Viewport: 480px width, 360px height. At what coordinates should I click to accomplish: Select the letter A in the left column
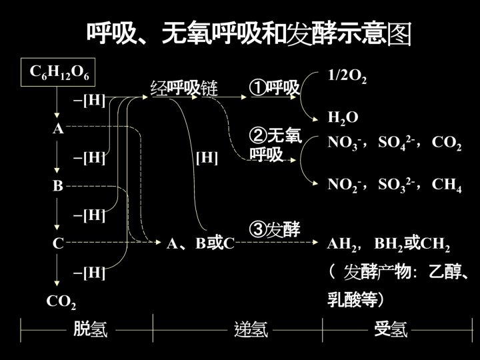(59, 129)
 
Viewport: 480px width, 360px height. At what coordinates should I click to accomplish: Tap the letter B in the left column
(58, 187)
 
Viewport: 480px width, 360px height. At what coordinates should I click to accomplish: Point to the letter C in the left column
(58, 244)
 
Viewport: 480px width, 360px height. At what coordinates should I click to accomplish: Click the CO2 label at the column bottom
(61, 301)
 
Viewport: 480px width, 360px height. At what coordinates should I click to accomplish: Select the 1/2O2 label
(347, 75)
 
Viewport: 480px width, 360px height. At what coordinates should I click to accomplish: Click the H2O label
(343, 119)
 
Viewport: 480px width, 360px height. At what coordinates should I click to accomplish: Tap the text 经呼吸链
(184, 88)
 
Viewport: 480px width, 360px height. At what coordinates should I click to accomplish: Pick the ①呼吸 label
(274, 88)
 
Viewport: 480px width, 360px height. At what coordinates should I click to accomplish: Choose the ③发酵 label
(274, 229)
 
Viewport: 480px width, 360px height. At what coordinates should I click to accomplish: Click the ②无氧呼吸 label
(275, 145)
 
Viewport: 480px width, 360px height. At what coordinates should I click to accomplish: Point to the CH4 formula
(447, 185)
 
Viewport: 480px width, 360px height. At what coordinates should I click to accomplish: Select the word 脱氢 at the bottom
(90, 329)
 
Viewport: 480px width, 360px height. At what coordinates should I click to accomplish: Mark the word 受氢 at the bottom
(391, 329)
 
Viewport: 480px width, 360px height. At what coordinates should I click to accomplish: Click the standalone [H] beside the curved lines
(207, 158)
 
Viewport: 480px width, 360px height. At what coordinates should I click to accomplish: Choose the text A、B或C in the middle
(201, 244)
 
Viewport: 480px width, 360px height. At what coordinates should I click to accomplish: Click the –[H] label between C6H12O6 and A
(89, 100)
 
